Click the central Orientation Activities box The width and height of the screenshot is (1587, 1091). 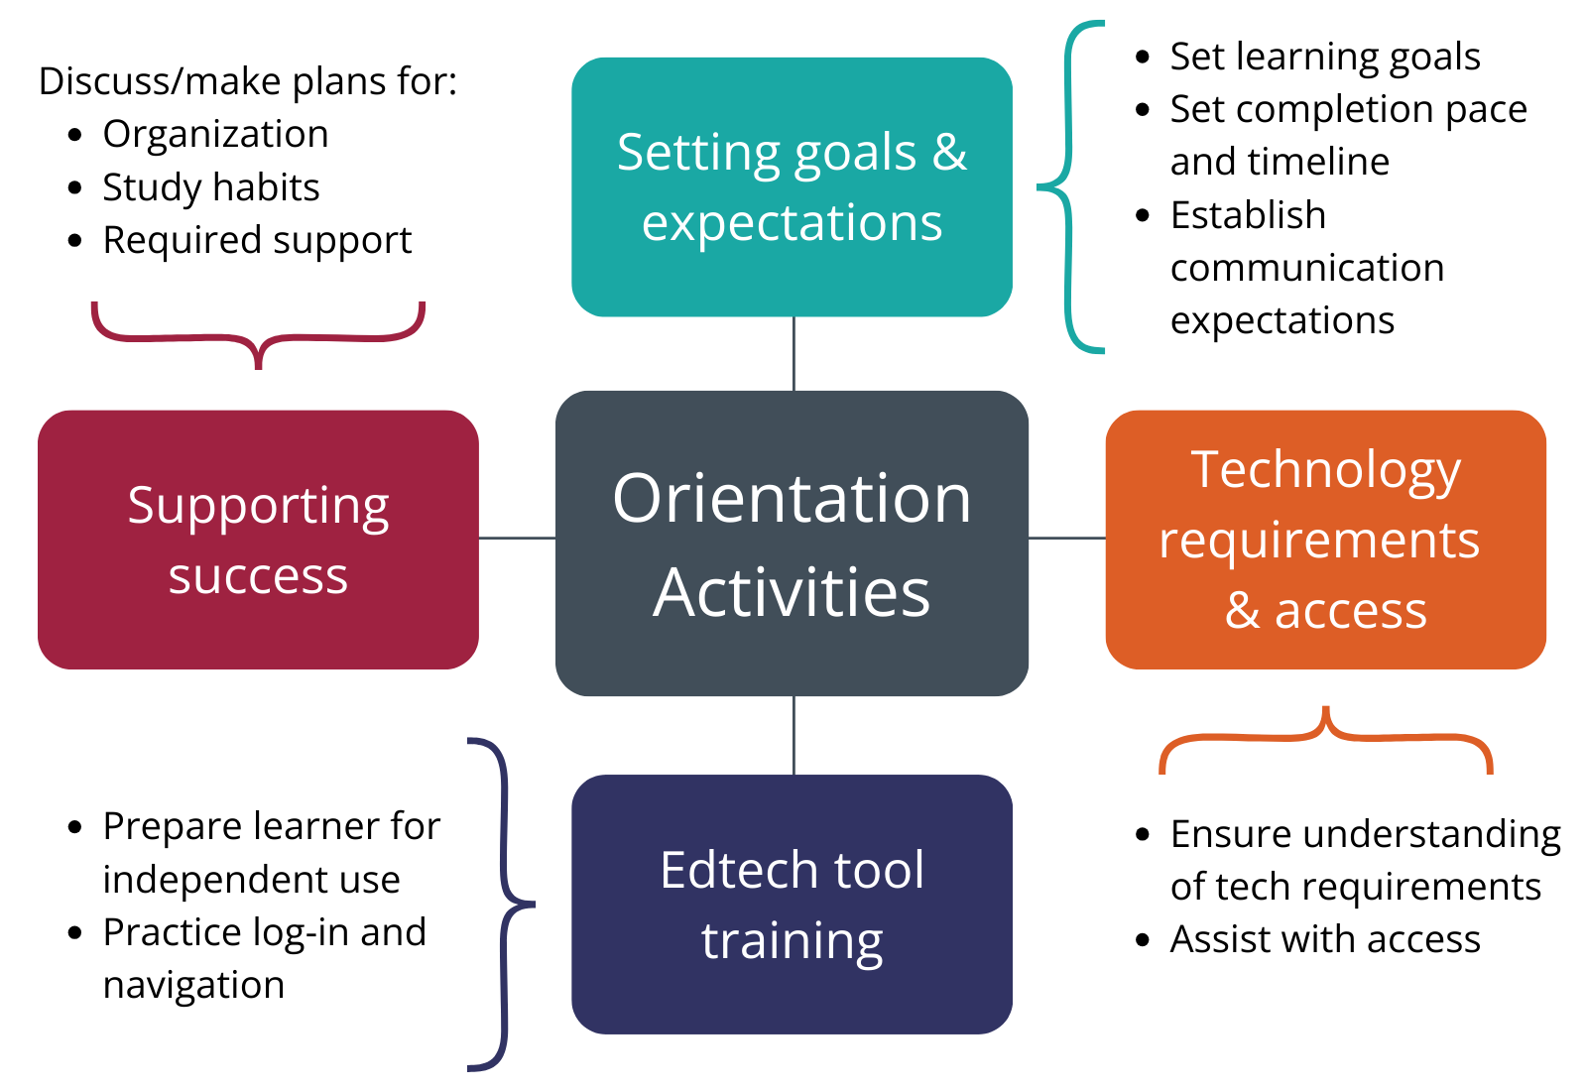coord(793,544)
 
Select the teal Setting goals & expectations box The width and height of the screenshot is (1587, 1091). coord(793,187)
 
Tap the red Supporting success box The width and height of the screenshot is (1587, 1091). coord(258,540)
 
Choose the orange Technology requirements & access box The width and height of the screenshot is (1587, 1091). coord(1325,540)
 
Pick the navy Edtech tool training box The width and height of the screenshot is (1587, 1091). coord(793,905)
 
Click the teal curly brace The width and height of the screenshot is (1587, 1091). coord(1068,187)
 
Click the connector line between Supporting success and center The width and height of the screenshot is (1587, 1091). coord(517,539)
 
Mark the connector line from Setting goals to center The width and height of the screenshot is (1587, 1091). coord(794,353)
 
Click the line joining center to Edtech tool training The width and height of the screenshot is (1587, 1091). coord(794,735)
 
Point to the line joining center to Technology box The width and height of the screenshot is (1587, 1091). coord(1067,539)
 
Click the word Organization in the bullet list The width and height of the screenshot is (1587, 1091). coord(215,135)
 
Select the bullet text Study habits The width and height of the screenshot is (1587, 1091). coord(211,187)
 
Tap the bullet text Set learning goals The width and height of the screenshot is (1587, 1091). coord(1325,57)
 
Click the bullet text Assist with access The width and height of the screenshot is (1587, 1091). coord(1325,939)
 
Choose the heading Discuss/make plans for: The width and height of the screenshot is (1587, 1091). coord(247,81)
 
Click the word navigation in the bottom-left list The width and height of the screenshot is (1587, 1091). coord(193,986)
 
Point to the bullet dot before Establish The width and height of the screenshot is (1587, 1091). coord(1142,215)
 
